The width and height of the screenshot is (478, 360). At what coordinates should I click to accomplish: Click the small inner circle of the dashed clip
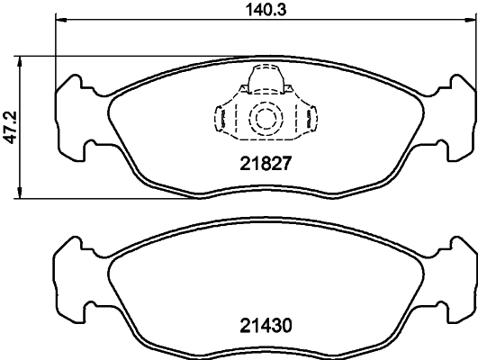coord(264,118)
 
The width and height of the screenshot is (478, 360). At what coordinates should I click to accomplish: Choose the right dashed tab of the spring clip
coord(310,118)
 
